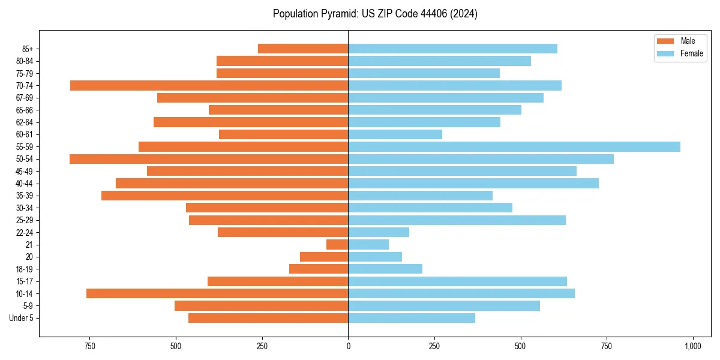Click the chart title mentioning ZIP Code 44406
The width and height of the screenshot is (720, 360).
pyautogui.click(x=375, y=14)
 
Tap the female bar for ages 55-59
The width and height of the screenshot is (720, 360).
pyautogui.click(x=514, y=146)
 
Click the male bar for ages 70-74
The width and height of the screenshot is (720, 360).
pyautogui.click(x=209, y=85)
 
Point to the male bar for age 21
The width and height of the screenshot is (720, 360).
pyautogui.click(x=337, y=244)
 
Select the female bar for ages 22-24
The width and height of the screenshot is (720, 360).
pyautogui.click(x=379, y=232)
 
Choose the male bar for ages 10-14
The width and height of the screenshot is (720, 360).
pyautogui.click(x=217, y=293)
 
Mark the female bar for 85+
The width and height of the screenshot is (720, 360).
pyautogui.click(x=453, y=49)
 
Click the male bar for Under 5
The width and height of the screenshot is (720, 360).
pyautogui.click(x=268, y=318)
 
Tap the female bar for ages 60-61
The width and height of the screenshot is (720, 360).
pyautogui.click(x=395, y=134)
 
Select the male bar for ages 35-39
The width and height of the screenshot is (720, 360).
pyautogui.click(x=225, y=196)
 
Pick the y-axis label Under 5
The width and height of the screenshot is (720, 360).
pyautogui.click(x=22, y=318)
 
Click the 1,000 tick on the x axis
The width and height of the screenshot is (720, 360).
pyautogui.click(x=693, y=346)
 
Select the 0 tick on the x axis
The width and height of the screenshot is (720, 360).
pyautogui.click(x=349, y=346)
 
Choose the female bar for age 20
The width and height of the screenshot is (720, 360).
pyautogui.click(x=375, y=257)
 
